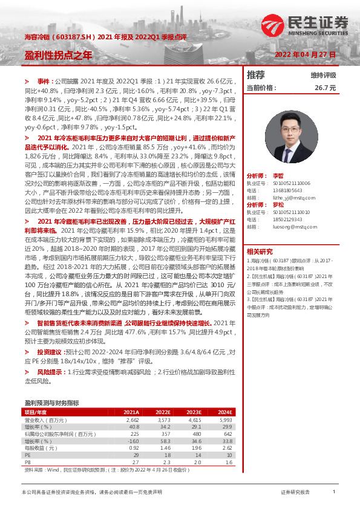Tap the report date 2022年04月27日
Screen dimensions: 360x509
click(305, 54)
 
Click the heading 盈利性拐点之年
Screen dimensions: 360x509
click(58, 54)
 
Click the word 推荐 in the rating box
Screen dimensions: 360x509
click(257, 75)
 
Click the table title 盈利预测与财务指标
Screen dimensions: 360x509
click(51, 401)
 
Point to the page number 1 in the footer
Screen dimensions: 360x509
click(334, 493)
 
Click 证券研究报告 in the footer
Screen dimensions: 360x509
click(295, 493)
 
